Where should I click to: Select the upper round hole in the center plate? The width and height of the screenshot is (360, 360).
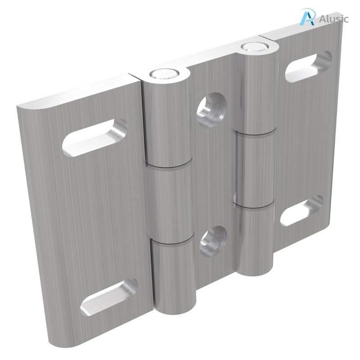(211, 108)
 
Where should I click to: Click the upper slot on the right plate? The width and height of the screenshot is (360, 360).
(309, 66)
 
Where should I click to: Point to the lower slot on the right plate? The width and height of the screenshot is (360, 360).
(302, 211)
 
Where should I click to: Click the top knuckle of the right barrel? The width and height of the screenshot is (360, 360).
(255, 90)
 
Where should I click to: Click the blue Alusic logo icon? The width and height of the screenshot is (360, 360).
(307, 17)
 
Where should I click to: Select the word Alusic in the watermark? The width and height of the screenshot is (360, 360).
(333, 19)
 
